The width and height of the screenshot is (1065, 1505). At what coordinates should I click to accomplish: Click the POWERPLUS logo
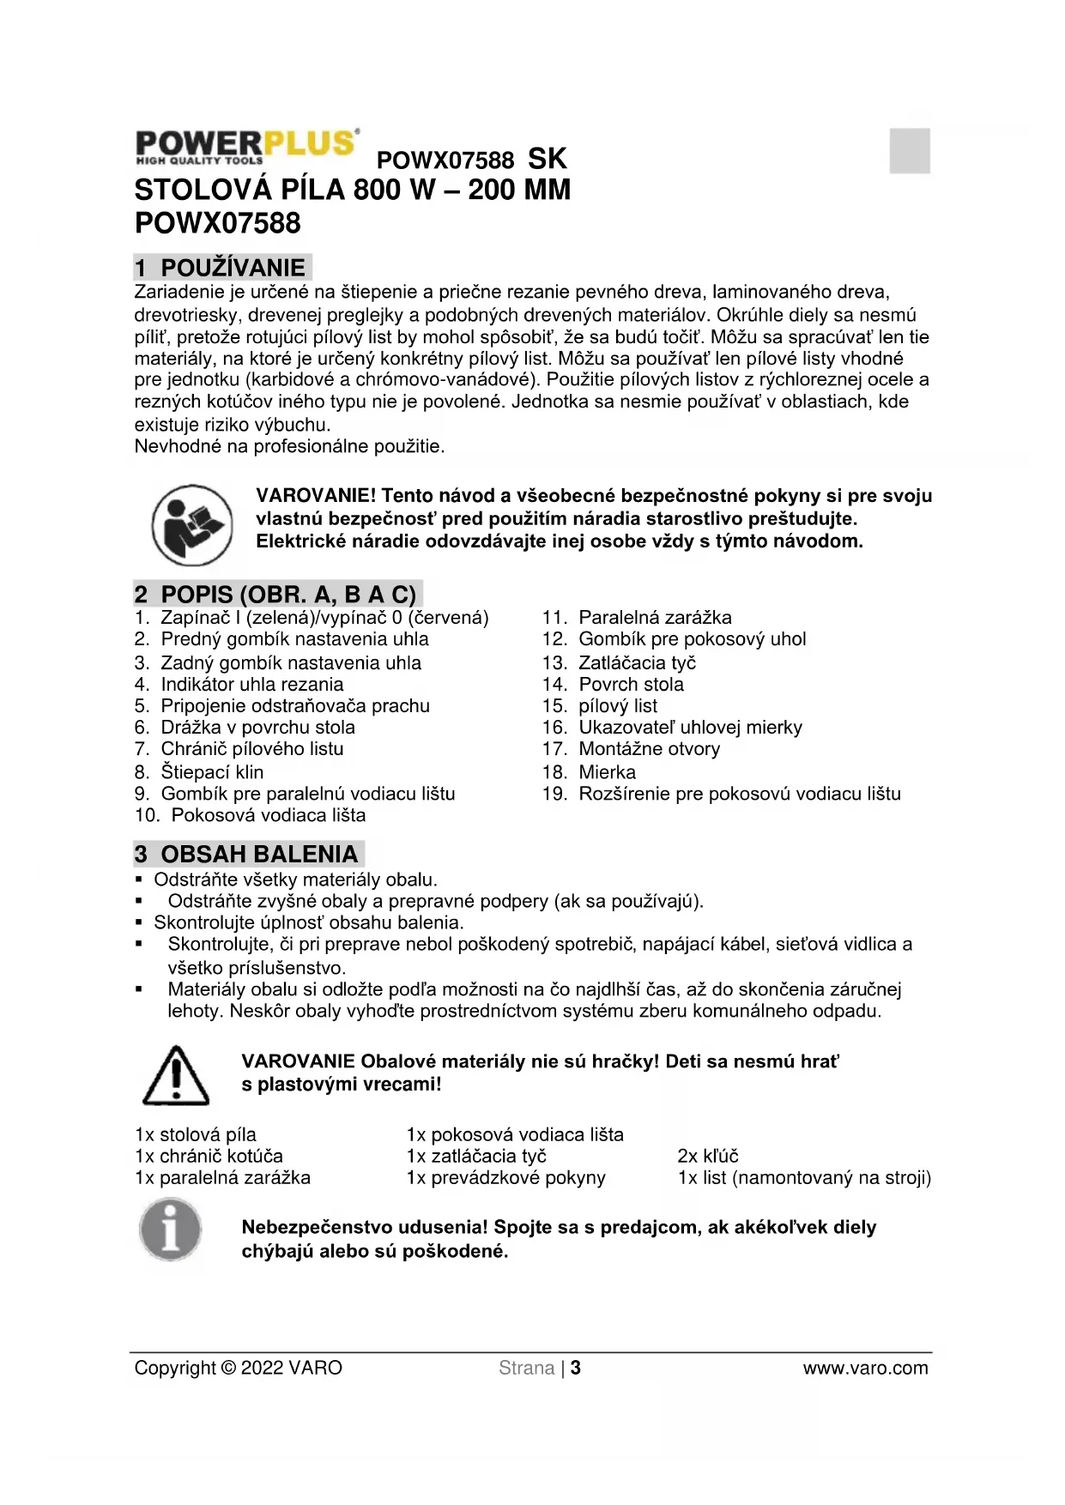point(246,146)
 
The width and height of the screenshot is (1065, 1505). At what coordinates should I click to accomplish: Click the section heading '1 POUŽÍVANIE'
point(222,267)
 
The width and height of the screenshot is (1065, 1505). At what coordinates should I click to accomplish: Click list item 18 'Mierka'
point(607,772)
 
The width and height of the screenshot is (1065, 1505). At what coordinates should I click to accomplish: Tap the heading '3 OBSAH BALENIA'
point(247,854)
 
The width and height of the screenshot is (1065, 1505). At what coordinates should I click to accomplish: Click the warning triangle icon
point(176,1076)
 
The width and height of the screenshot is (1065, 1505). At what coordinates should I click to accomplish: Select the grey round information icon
point(171,1230)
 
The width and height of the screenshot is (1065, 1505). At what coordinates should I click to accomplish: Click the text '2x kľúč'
point(708,1156)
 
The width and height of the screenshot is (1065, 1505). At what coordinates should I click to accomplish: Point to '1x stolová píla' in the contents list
point(196,1134)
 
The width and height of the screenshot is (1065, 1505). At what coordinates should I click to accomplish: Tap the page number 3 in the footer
point(576,1368)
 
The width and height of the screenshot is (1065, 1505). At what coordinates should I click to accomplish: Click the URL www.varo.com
point(865,1368)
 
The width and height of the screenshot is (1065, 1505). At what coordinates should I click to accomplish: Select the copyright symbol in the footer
point(228,1368)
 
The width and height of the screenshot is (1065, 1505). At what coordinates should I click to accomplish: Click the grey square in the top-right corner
point(910,151)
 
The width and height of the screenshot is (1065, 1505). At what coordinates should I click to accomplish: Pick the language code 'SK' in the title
point(547,159)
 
